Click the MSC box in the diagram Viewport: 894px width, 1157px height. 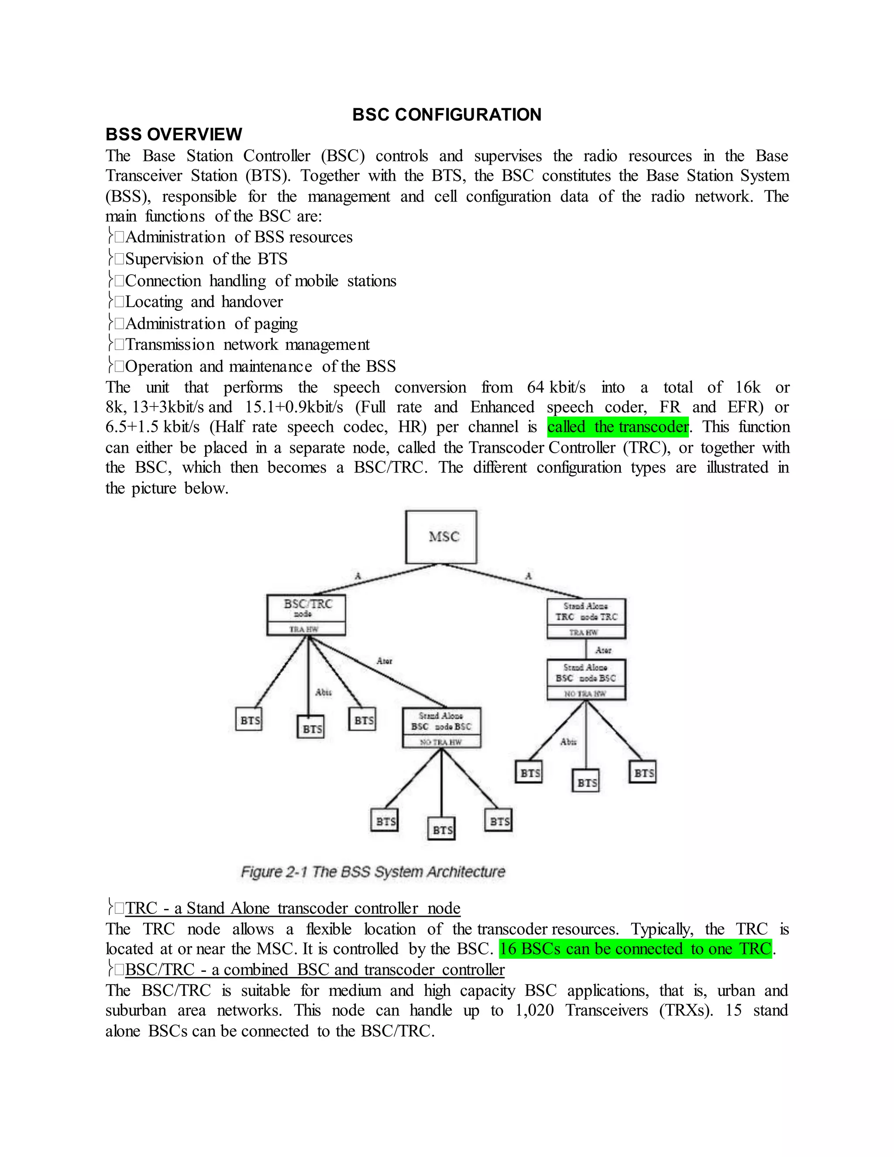440,537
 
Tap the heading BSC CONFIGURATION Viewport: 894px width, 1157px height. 447,114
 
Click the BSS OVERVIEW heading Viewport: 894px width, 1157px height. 174,134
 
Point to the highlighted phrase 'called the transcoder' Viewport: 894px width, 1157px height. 618,427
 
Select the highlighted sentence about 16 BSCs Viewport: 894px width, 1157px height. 635,949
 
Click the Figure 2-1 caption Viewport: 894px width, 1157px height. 373,872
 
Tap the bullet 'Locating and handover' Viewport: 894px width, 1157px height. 204,302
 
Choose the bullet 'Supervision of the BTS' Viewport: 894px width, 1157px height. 206,259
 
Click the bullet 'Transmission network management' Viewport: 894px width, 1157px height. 248,345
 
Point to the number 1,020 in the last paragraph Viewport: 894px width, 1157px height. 534,1010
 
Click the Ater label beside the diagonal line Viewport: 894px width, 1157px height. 384,661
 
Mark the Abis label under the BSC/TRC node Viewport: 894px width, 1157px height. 323,692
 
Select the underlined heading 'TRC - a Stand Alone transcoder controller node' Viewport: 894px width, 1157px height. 292,908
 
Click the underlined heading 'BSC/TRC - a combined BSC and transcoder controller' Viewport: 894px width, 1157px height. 315,969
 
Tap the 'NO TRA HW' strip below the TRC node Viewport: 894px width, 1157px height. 586,693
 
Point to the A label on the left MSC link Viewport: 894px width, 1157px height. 358,576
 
